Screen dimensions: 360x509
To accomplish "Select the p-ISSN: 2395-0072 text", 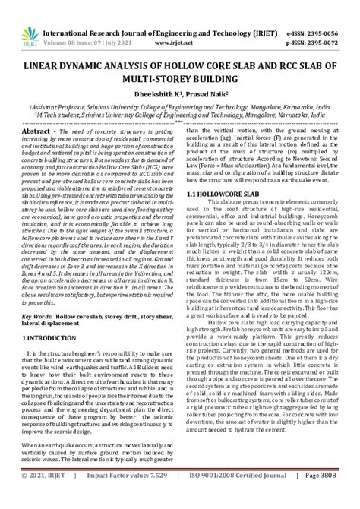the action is [318, 24].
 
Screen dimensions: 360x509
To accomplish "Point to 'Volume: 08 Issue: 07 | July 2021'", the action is [88, 24].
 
